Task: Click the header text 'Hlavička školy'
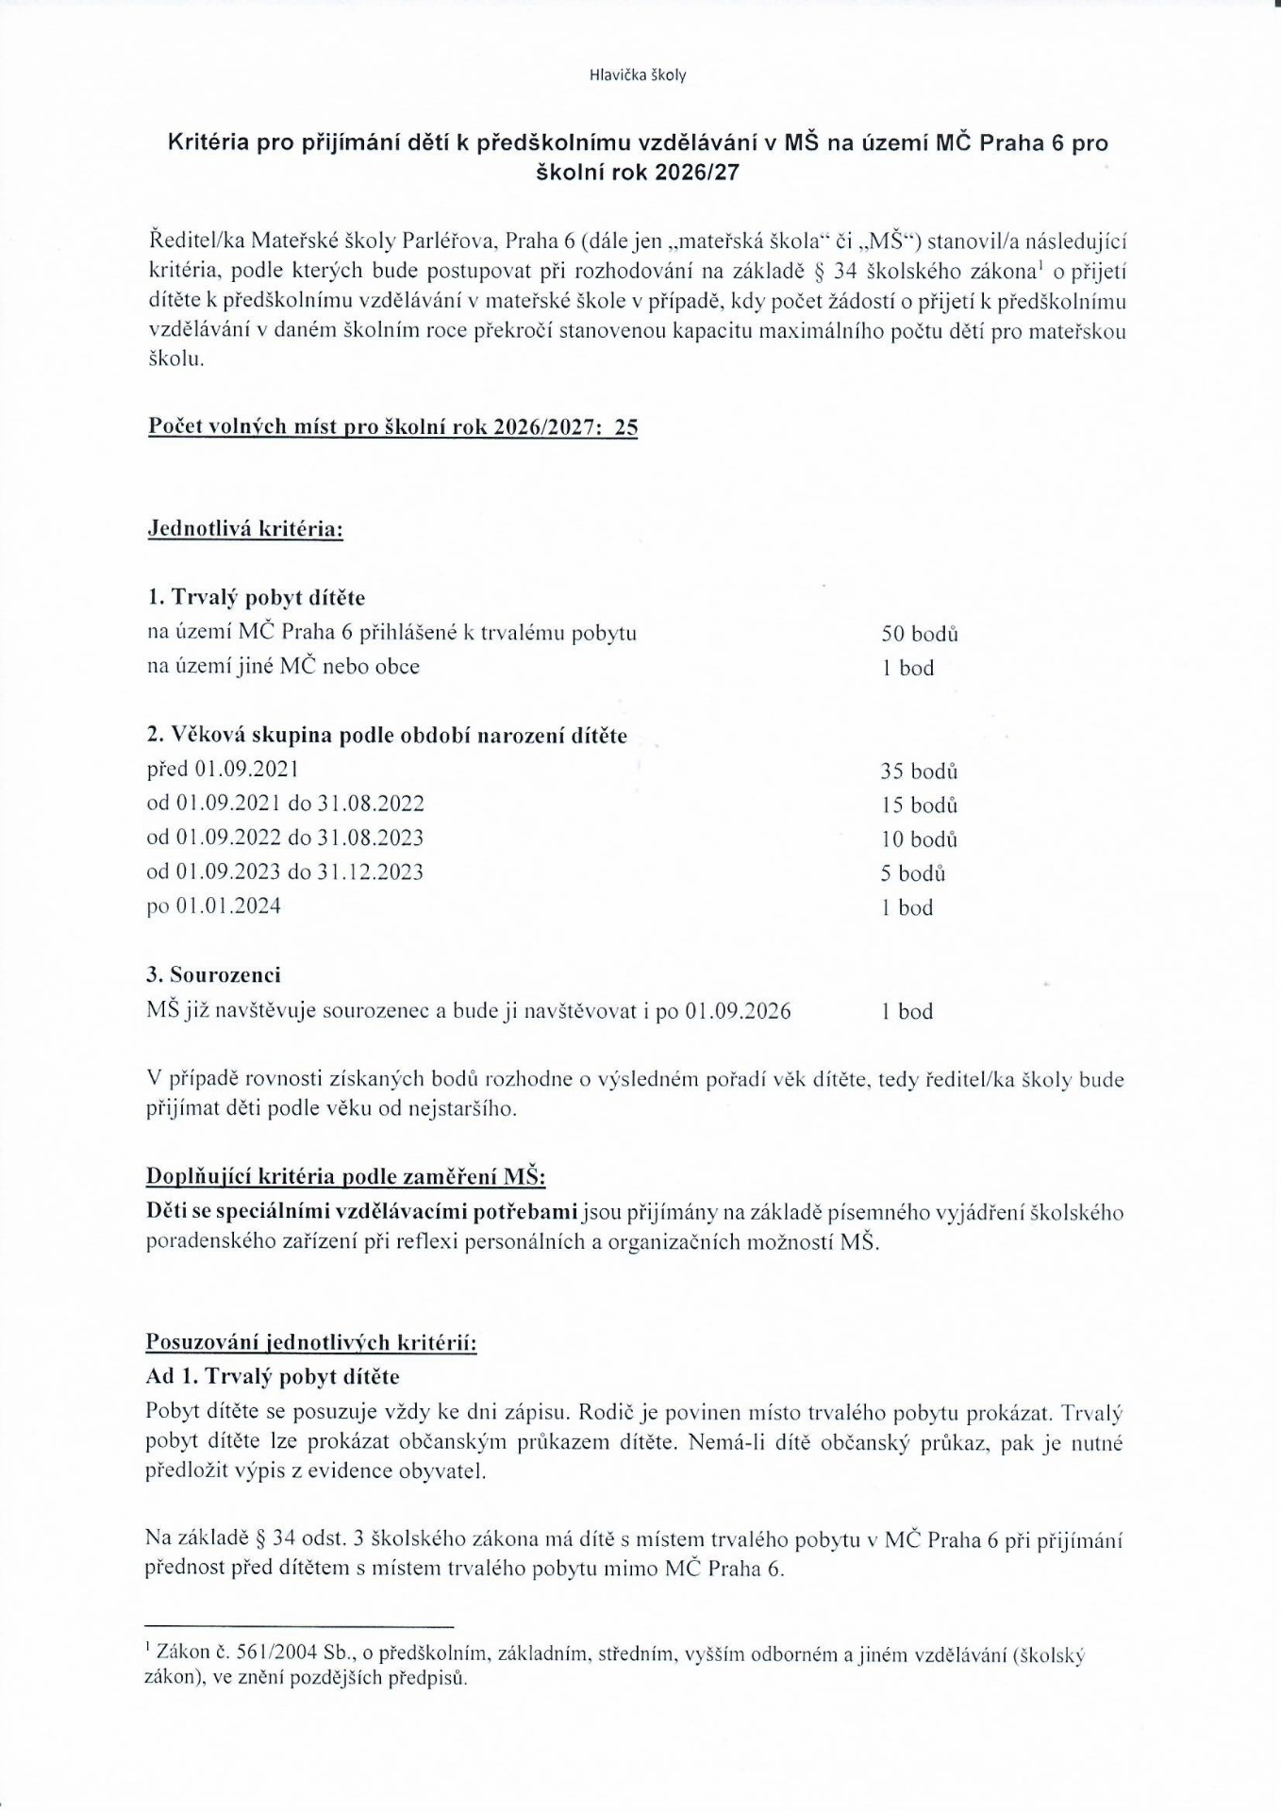click(x=638, y=75)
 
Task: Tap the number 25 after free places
click(x=625, y=427)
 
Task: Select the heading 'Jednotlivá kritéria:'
click(x=245, y=528)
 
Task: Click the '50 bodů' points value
click(x=920, y=634)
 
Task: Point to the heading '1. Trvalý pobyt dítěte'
click(x=256, y=598)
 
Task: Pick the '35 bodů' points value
click(x=920, y=772)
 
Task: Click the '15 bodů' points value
click(x=920, y=806)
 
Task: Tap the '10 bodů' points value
click(x=920, y=839)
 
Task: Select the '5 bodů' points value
click(x=913, y=873)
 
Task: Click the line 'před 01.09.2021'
click(x=224, y=770)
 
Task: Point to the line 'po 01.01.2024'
click(x=214, y=906)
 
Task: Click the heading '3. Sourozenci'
click(x=214, y=975)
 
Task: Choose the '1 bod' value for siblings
click(x=907, y=1012)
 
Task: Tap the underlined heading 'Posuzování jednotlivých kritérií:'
click(x=311, y=1342)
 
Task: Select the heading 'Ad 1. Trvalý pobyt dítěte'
click(x=273, y=1376)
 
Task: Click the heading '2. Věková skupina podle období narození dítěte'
click(x=387, y=736)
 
